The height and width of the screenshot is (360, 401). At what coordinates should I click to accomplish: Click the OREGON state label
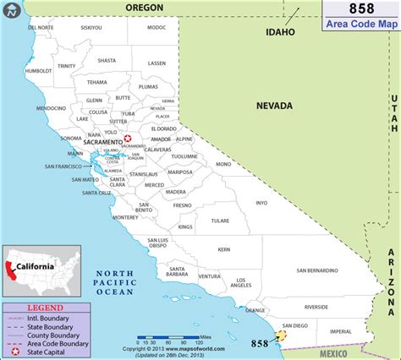pyautogui.click(x=144, y=7)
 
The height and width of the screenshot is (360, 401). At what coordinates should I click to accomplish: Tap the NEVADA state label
pyautogui.click(x=275, y=106)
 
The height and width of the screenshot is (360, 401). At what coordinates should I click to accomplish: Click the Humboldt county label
pyautogui.click(x=38, y=71)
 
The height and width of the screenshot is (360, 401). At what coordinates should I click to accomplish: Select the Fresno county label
pyautogui.click(x=182, y=205)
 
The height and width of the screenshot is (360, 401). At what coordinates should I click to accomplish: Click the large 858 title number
pyautogui.click(x=359, y=9)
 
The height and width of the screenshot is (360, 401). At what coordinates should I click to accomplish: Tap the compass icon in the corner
pyautogui.click(x=11, y=11)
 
